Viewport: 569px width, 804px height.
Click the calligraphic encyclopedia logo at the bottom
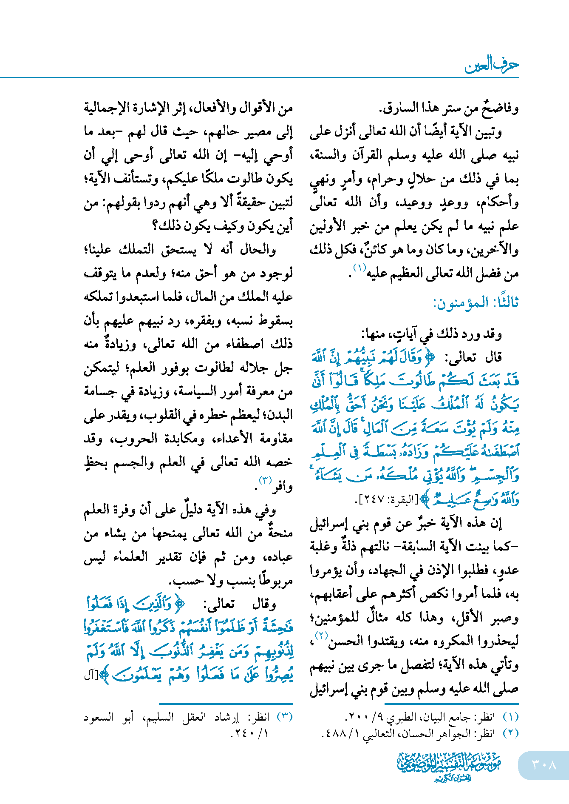tap(450, 766)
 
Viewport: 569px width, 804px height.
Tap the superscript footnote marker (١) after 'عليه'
tap(359, 268)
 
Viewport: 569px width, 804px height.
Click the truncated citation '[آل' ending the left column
tap(90, 676)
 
